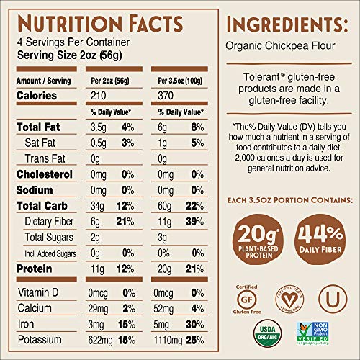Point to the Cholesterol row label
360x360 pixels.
click(43, 174)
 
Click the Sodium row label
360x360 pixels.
click(33, 191)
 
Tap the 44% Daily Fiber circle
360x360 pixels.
click(322, 235)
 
